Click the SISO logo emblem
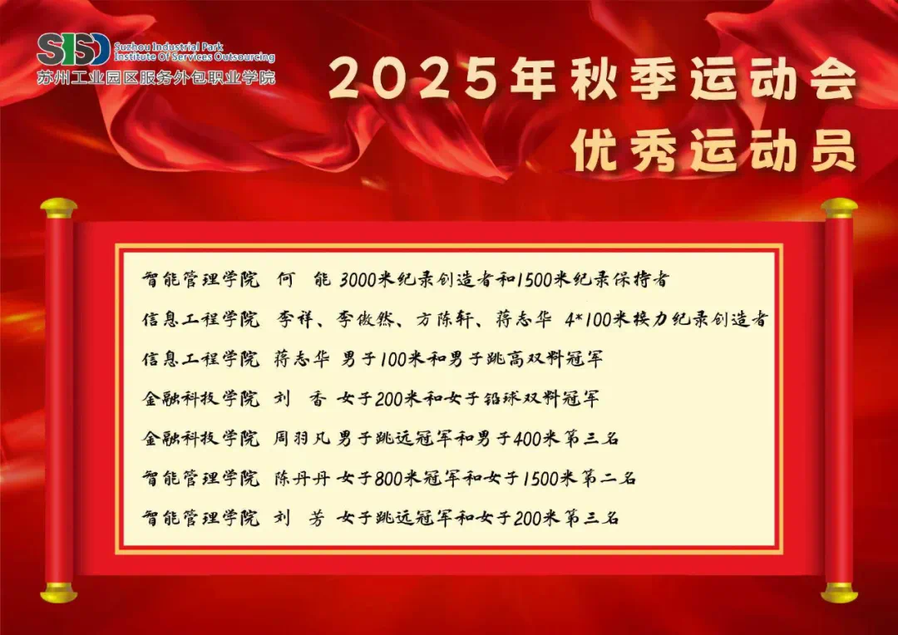(x=73, y=49)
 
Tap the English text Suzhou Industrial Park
(x=169, y=47)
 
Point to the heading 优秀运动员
(x=713, y=150)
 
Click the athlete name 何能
(x=303, y=280)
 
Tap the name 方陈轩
(x=443, y=319)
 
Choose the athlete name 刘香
(x=302, y=398)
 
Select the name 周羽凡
(x=303, y=439)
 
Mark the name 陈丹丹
(x=303, y=478)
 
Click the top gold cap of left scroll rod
(x=58, y=207)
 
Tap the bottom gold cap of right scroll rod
(x=839, y=592)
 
